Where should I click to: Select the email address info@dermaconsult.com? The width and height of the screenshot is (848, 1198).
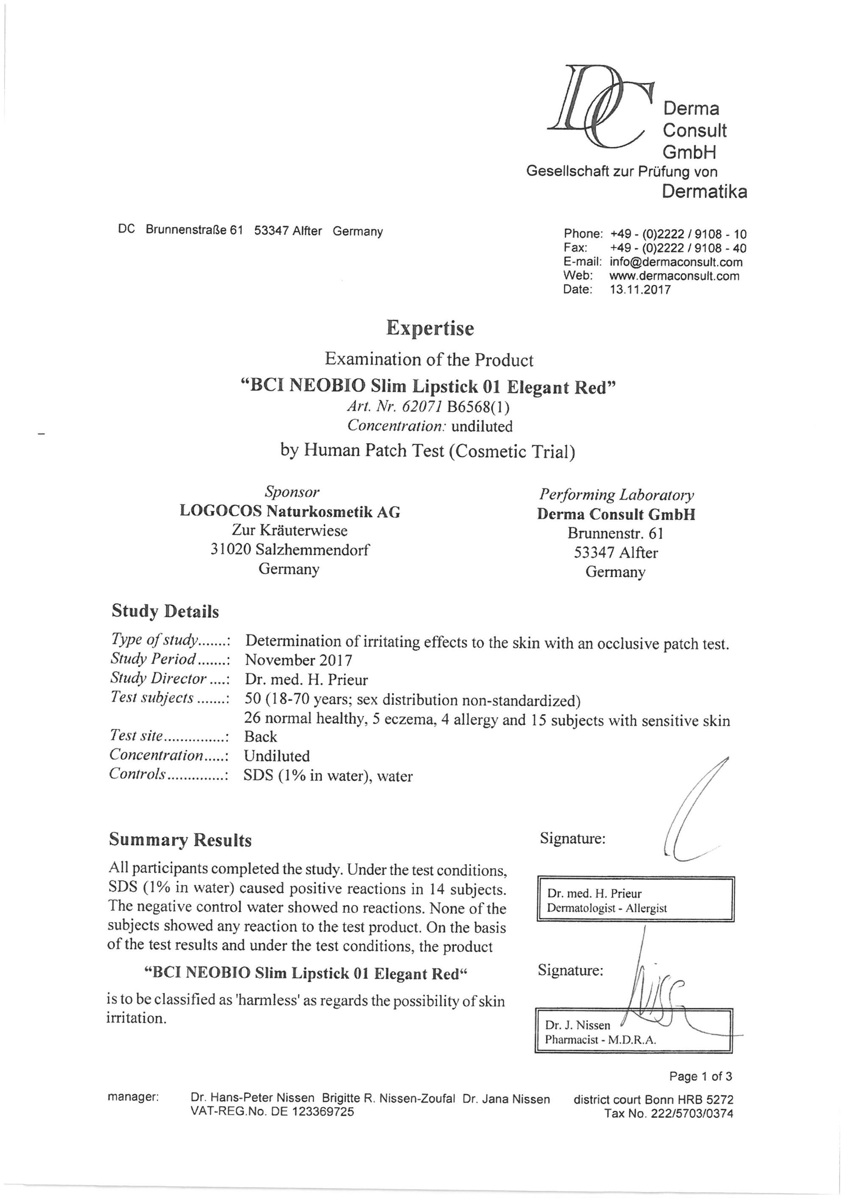click(x=676, y=262)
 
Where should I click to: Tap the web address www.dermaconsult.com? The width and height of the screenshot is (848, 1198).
click(x=674, y=276)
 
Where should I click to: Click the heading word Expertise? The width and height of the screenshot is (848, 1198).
click(x=430, y=328)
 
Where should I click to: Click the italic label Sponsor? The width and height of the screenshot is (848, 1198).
click(x=291, y=491)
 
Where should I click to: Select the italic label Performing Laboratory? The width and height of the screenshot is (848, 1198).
click(x=616, y=494)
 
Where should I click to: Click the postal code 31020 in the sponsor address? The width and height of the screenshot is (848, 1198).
click(x=231, y=549)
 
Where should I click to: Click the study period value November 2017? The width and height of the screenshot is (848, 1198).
click(x=298, y=660)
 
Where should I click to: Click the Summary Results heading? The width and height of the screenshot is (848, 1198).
click(x=180, y=840)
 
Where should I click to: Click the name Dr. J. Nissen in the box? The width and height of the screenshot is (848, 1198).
click(x=577, y=1025)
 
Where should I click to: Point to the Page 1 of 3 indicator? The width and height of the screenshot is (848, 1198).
click(x=701, y=1076)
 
